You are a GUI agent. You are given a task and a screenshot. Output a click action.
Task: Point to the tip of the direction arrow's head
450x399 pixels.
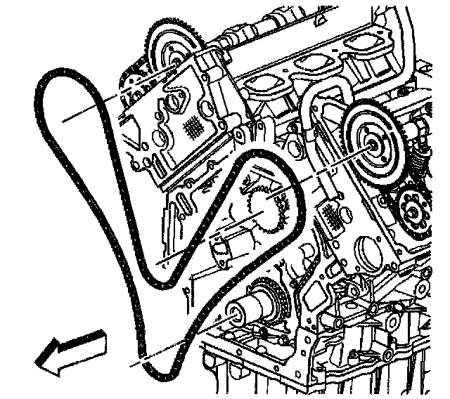point(36,362)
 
